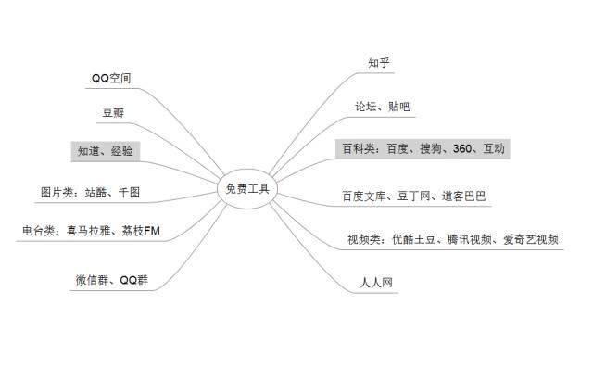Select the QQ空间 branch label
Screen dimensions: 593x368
pyautogui.click(x=112, y=79)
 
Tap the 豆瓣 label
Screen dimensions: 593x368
pyautogui.click(x=113, y=114)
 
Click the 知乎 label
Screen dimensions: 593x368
pyautogui.click(x=378, y=63)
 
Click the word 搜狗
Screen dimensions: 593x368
pyautogui.click(x=430, y=148)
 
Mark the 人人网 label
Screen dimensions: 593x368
pyautogui.click(x=376, y=282)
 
